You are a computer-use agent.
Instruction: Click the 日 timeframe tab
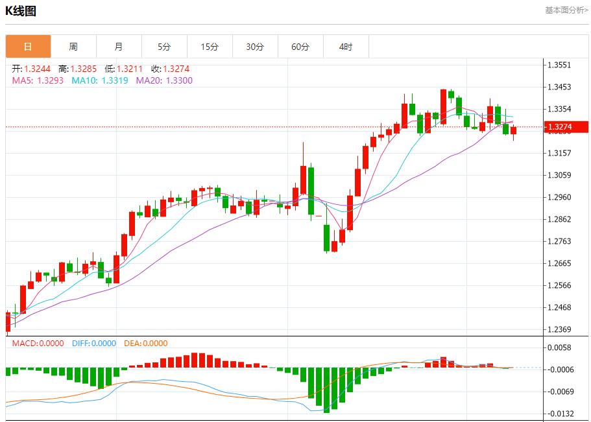(x=28, y=47)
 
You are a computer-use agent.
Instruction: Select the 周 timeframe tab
(x=73, y=47)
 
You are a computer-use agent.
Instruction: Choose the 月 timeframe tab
(x=119, y=47)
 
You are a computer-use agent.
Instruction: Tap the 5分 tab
(x=164, y=47)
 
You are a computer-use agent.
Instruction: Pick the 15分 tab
(x=210, y=47)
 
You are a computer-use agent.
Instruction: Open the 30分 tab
(x=255, y=47)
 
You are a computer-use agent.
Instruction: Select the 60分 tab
(x=300, y=47)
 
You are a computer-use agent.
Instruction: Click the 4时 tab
(x=346, y=47)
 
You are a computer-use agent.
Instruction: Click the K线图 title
(x=21, y=11)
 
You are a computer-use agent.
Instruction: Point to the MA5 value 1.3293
(x=50, y=80)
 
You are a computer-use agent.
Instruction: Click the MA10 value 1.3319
(x=115, y=80)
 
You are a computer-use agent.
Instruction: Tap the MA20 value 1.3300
(x=180, y=80)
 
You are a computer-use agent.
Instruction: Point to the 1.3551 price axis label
(x=559, y=65)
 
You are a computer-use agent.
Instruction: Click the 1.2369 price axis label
(x=559, y=329)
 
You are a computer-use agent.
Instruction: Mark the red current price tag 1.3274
(x=566, y=127)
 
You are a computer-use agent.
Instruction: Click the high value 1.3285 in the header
(x=84, y=69)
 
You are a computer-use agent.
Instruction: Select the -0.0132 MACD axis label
(x=561, y=414)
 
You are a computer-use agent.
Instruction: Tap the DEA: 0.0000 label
(x=146, y=344)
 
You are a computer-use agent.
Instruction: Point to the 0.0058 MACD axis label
(x=559, y=347)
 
